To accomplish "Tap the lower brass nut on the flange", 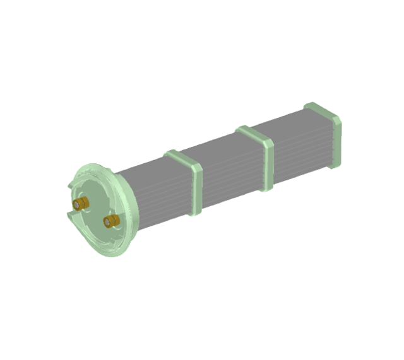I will (112, 221).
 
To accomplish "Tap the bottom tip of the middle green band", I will (268, 189).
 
